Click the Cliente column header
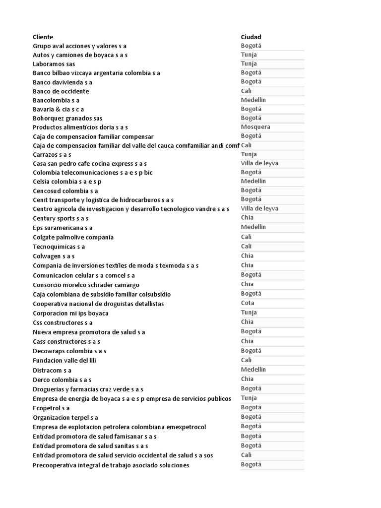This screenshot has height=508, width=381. (43, 37)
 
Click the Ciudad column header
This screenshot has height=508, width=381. (251, 37)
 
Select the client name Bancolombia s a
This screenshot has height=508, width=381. (56, 100)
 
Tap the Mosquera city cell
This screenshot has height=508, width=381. (255, 127)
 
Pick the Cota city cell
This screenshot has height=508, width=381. (248, 303)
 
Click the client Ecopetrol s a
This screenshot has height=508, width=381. (51, 408)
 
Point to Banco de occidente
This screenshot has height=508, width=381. (61, 91)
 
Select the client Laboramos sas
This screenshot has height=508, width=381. (54, 64)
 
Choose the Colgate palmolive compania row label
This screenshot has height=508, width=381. (73, 237)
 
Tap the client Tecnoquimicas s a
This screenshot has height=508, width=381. (59, 247)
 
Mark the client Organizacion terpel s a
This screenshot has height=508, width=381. (65, 418)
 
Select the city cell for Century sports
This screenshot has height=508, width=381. (247, 218)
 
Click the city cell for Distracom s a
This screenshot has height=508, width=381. (254, 370)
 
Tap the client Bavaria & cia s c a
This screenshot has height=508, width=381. (59, 109)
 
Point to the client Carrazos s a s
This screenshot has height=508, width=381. (52, 155)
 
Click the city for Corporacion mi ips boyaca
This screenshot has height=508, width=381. (249, 313)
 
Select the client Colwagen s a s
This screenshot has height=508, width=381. (54, 256)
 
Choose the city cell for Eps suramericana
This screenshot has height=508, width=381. (254, 227)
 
